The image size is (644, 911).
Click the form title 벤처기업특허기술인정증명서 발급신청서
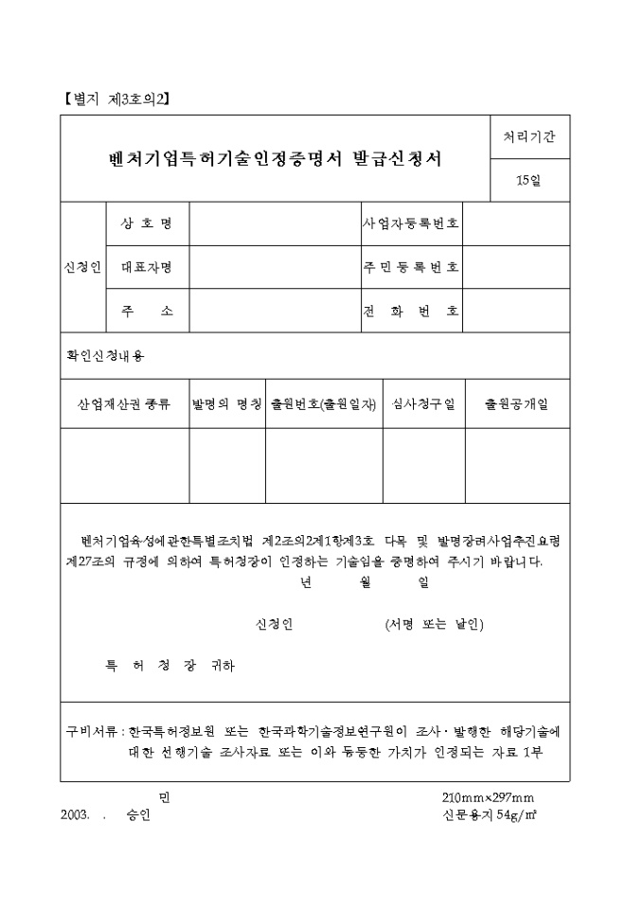click(275, 158)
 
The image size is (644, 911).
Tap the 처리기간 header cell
click(529, 136)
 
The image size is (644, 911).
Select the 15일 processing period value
click(529, 181)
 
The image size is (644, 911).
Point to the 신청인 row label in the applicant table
click(83, 267)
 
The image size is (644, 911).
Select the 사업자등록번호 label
click(411, 223)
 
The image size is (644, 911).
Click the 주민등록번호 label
click(411, 267)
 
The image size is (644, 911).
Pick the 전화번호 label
click(411, 311)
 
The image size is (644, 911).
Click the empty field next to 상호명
click(275, 223)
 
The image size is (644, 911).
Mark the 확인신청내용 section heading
click(106, 356)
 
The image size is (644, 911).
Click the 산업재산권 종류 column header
click(124, 404)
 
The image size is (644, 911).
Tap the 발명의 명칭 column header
click(226, 404)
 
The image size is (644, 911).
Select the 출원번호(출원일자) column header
click(324, 404)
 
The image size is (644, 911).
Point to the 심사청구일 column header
click(423, 404)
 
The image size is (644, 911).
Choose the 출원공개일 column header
click(516, 404)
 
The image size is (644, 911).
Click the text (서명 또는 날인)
click(435, 624)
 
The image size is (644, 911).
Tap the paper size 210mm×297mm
click(488, 797)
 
